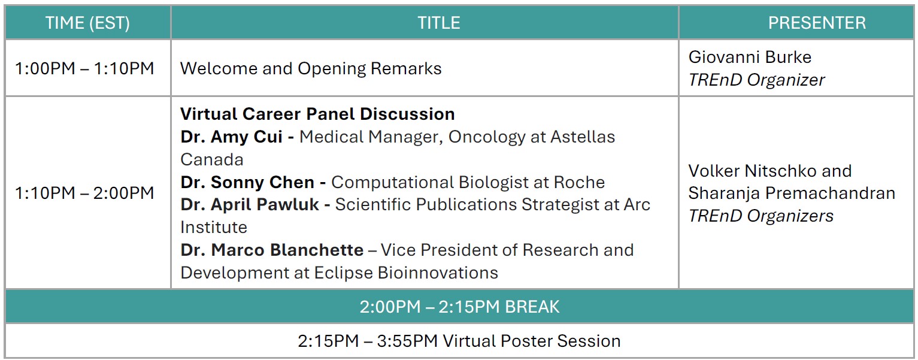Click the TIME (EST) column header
[88, 23]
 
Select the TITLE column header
[438, 23]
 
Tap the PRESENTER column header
[817, 23]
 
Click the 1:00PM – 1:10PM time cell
[85, 68]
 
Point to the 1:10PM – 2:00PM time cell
[85, 193]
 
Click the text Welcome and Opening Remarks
[311, 68]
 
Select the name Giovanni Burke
[750, 57]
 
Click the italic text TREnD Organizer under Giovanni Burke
[756, 80]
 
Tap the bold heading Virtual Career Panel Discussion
[317, 114]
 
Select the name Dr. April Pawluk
[255, 205]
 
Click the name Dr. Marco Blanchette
[272, 250]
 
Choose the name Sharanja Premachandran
[791, 193]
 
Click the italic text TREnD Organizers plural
[761, 216]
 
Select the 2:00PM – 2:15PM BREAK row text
[459, 307]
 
